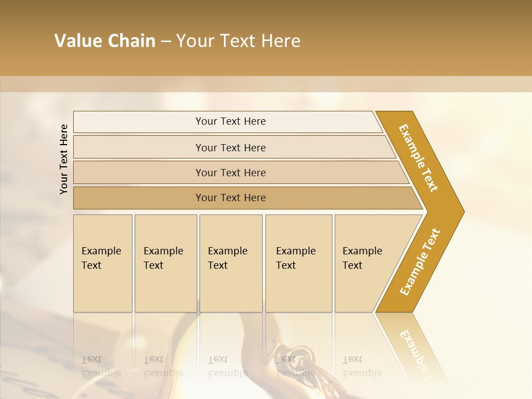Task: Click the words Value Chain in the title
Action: click(105, 41)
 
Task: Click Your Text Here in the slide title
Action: click(238, 41)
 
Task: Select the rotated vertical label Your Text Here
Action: click(64, 159)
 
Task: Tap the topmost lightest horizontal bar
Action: click(231, 121)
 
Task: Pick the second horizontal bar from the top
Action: click(231, 147)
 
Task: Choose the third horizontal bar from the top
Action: click(231, 172)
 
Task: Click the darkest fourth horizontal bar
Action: click(231, 198)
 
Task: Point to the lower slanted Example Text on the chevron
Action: click(420, 262)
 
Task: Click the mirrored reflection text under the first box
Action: click(101, 366)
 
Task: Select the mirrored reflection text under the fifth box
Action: click(362, 366)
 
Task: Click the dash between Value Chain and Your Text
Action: click(166, 42)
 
